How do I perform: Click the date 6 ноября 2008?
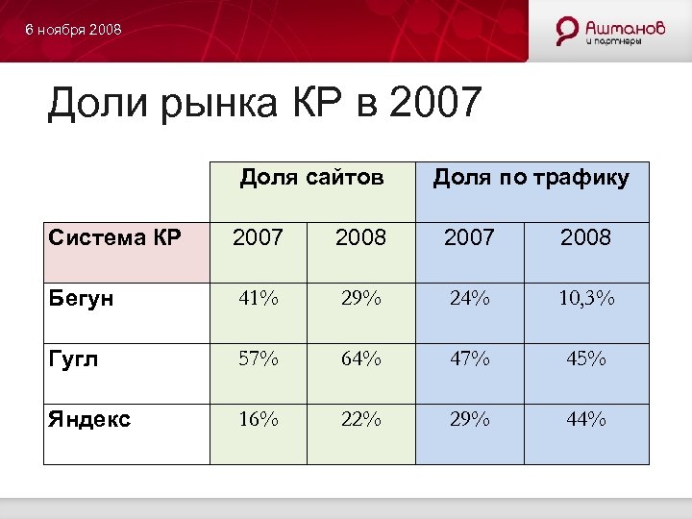[x=74, y=31]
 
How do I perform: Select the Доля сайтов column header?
[x=311, y=177]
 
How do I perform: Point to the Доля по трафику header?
[x=531, y=177]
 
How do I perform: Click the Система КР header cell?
[x=114, y=237]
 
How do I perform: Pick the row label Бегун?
[x=80, y=298]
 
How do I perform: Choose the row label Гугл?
[x=73, y=358]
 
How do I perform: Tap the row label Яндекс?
[x=87, y=419]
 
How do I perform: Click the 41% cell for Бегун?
[x=259, y=298]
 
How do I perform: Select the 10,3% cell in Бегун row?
[x=585, y=298]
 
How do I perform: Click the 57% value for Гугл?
[x=259, y=358]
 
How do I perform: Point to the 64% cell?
[x=360, y=358]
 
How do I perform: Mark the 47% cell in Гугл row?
[x=470, y=358]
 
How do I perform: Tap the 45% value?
[x=585, y=358]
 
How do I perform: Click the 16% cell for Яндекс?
[x=259, y=419]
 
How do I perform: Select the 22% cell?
[x=360, y=419]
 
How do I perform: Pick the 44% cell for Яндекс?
[x=585, y=419]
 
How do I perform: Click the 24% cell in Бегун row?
[x=470, y=298]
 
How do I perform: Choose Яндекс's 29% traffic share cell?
[x=470, y=419]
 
